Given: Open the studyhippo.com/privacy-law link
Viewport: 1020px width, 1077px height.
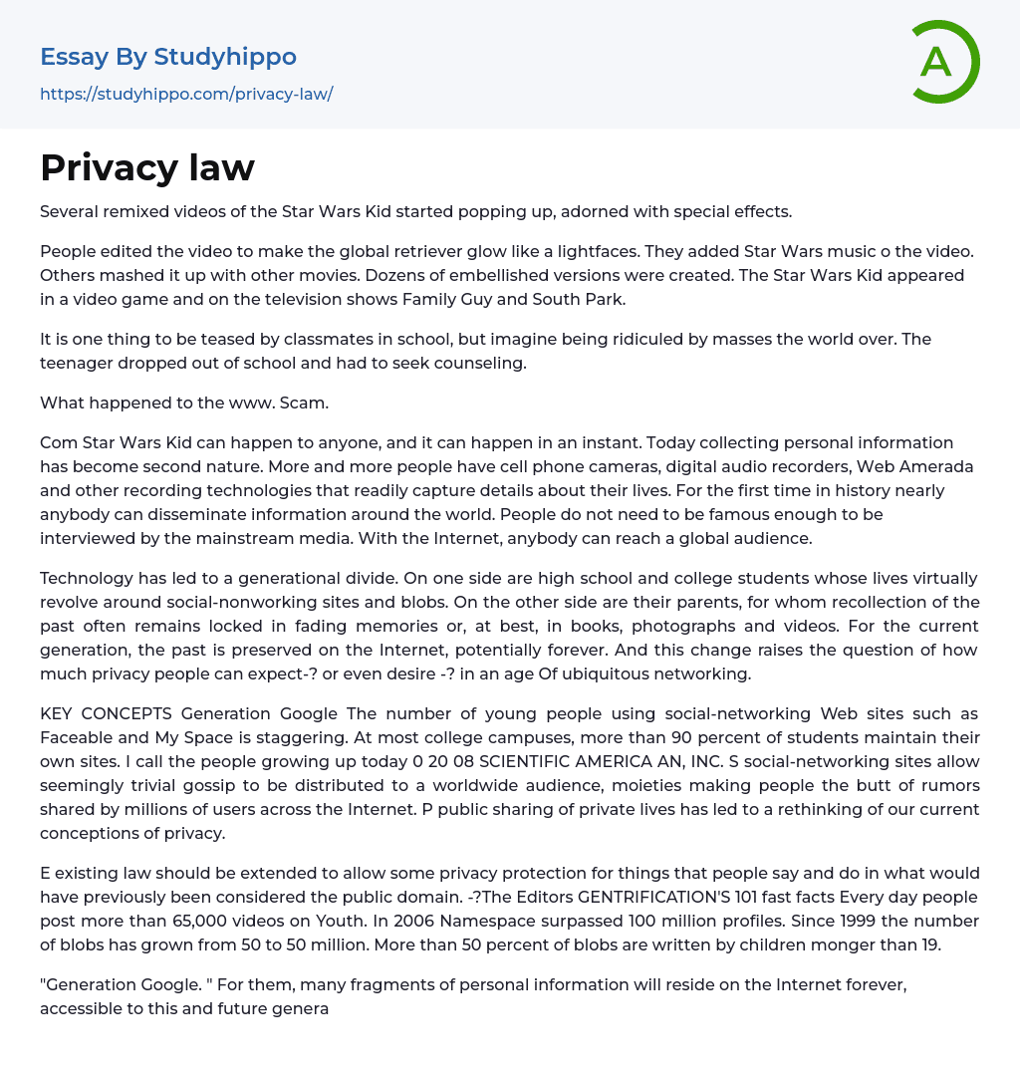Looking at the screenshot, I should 186,95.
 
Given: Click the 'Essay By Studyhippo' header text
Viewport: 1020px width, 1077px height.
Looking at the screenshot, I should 168,57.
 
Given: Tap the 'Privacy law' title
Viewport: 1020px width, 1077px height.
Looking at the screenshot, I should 147,167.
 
